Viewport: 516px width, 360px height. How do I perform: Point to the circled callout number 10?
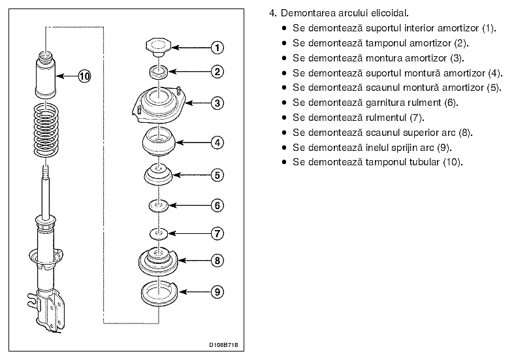[84, 76]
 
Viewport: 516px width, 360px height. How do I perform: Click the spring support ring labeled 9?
[159, 293]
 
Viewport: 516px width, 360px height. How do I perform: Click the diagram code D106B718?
[223, 345]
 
